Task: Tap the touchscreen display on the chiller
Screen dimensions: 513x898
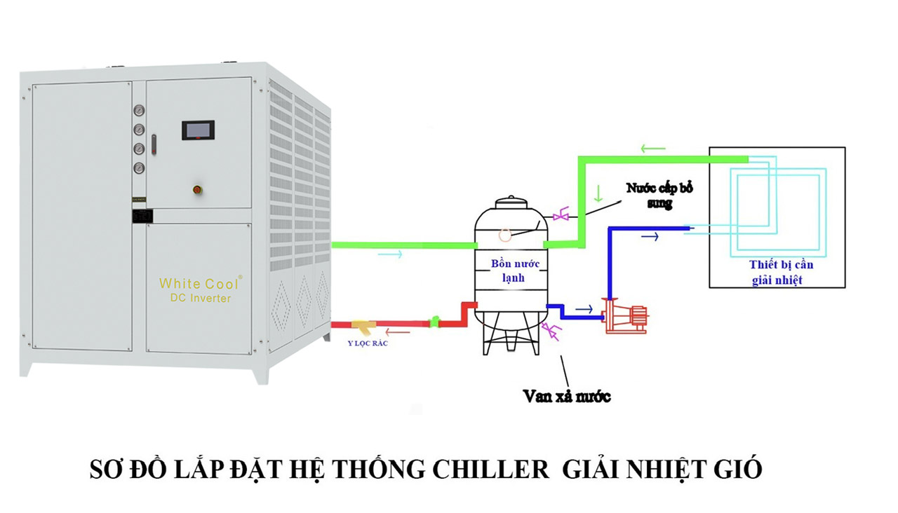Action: [198, 130]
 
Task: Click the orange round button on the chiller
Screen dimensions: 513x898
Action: [198, 189]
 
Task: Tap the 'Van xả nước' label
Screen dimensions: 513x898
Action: [567, 396]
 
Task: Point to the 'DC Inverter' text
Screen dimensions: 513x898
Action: [200, 299]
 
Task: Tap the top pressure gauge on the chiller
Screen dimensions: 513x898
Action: [139, 111]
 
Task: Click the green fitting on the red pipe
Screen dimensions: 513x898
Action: [435, 322]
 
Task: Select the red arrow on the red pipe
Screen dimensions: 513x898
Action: [402, 332]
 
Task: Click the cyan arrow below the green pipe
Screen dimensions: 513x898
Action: [390, 254]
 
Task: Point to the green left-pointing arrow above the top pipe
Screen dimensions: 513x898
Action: [652, 149]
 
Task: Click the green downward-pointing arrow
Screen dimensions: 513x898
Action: [598, 191]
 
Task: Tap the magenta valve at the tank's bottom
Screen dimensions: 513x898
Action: [554, 332]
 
